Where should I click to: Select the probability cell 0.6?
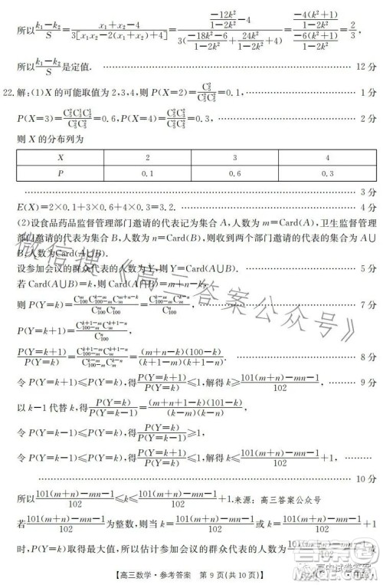tap(233, 173)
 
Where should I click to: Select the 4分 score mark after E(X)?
tap(367, 207)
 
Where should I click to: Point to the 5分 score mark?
tap(367, 269)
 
